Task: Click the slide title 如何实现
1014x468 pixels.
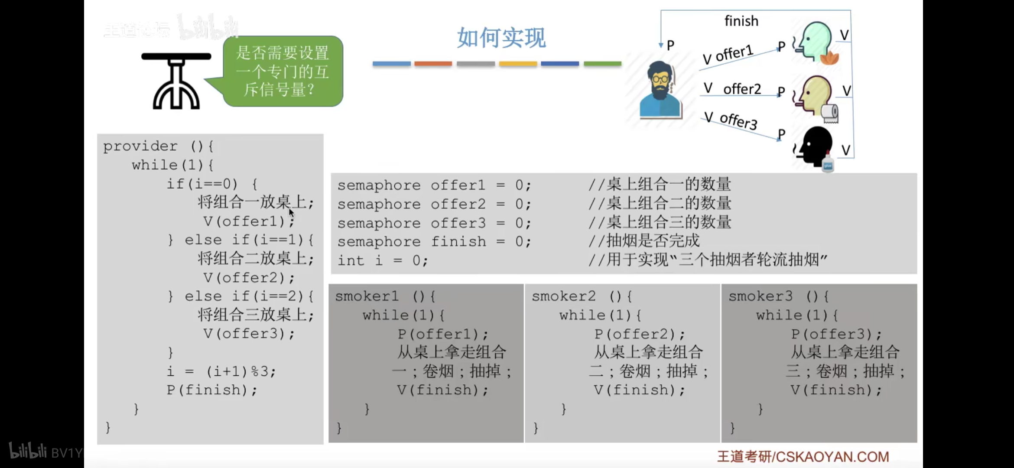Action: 501,38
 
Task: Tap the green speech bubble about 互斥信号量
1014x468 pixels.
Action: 283,71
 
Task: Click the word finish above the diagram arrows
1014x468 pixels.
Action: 741,21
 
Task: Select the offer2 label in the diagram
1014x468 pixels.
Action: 742,89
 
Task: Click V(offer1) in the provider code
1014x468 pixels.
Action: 248,221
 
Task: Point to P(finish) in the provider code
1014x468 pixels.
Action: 211,390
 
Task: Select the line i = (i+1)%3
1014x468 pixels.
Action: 221,371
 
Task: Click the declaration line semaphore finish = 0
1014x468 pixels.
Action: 434,241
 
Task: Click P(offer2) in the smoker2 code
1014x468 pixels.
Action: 639,334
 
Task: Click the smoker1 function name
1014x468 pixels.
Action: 367,296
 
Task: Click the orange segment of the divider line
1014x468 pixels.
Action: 433,64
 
